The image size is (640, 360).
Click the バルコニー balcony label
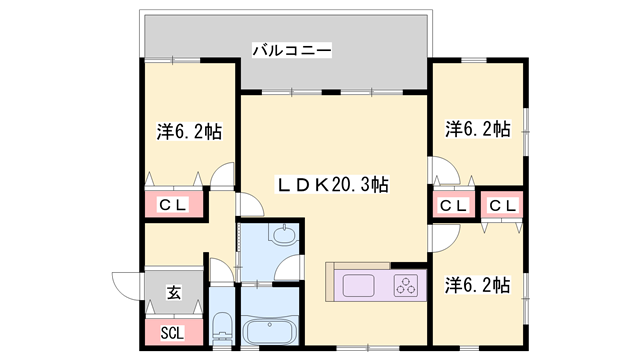pyautogui.click(x=291, y=48)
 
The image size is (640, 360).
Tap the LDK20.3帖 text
pyautogui.click(x=333, y=184)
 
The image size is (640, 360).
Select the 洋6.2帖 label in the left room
pyautogui.click(x=188, y=130)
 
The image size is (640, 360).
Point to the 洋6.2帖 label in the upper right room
pyautogui.click(x=477, y=129)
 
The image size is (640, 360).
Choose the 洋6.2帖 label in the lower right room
pyautogui.click(x=477, y=286)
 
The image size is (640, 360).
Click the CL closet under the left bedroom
pyautogui.click(x=174, y=205)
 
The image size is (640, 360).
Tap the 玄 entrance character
pyautogui.click(x=173, y=293)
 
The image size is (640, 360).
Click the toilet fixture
pyautogui.click(x=223, y=328)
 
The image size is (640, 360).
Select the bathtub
pyautogui.click(x=271, y=331)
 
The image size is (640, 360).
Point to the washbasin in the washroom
pyautogui.click(x=284, y=236)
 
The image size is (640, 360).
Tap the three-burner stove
pyautogui.click(x=408, y=286)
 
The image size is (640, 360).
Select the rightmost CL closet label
pyautogui.click(x=502, y=205)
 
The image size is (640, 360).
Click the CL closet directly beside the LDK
pyautogui.click(x=453, y=205)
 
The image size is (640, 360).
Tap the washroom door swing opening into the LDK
pyautogui.click(x=291, y=268)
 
